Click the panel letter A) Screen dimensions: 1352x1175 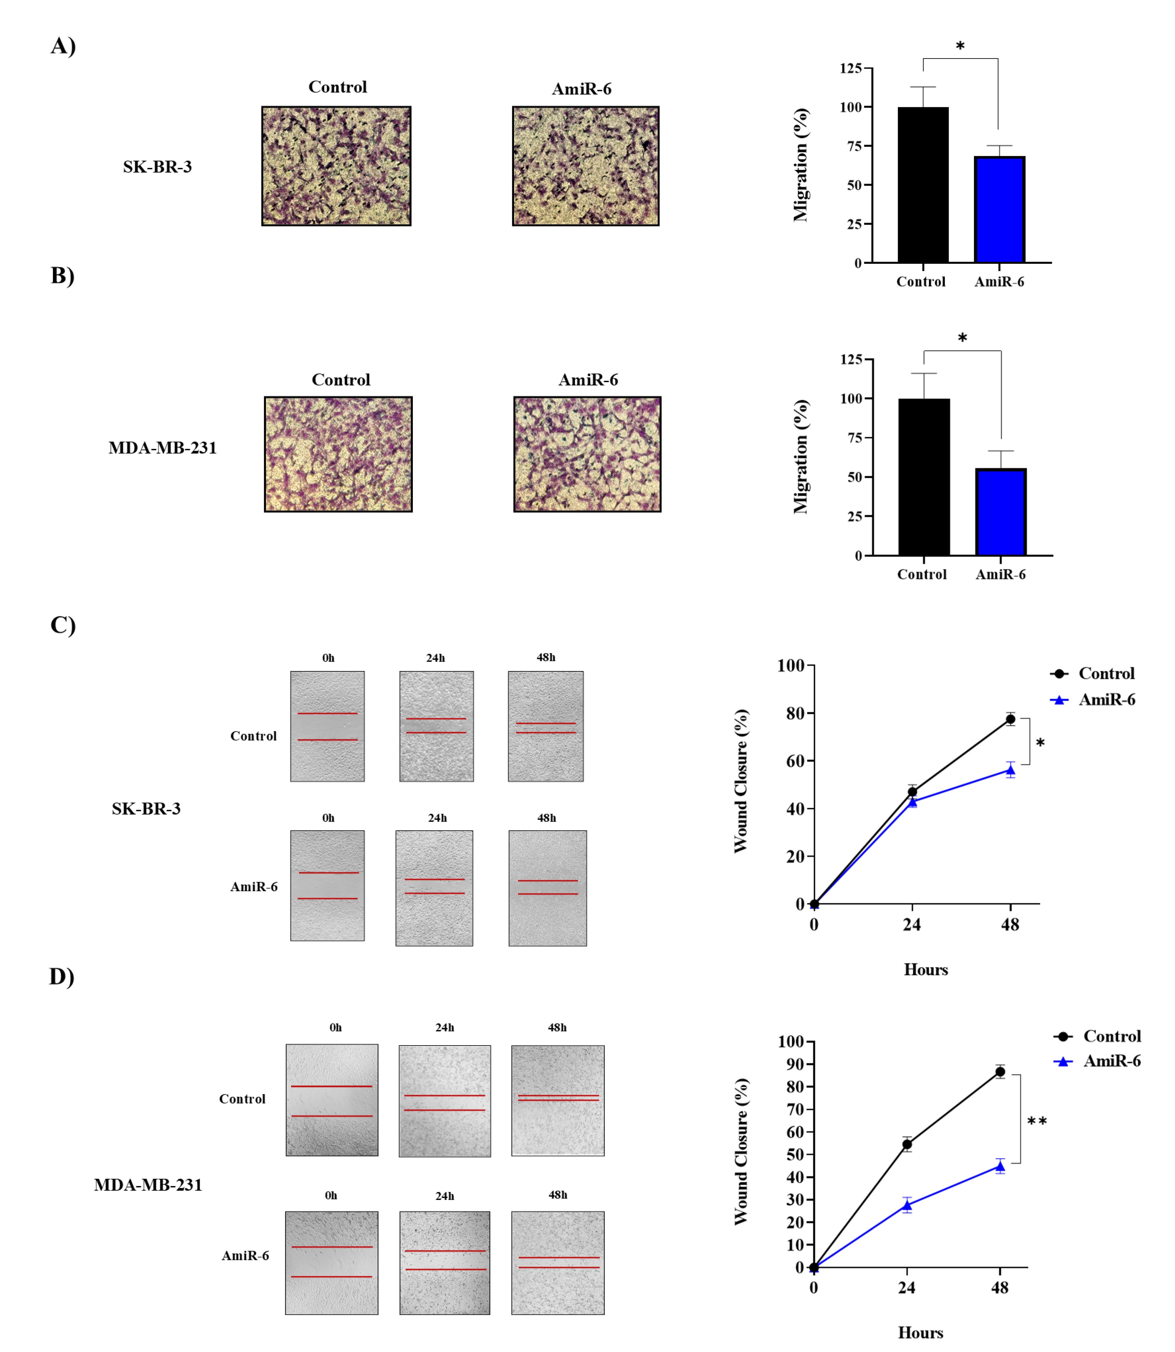click(x=63, y=46)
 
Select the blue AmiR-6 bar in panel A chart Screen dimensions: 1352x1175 click(x=999, y=210)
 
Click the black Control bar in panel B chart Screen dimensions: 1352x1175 click(x=924, y=477)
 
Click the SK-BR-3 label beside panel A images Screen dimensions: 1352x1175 click(x=157, y=167)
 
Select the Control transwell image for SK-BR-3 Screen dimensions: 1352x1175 click(x=336, y=166)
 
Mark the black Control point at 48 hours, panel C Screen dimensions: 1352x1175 click(x=1010, y=719)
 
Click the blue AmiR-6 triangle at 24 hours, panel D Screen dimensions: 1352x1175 click(x=907, y=1205)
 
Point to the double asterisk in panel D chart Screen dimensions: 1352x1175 click(x=1037, y=1121)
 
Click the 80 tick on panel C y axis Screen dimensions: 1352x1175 click(x=795, y=713)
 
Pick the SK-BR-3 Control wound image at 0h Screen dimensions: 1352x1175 click(x=327, y=726)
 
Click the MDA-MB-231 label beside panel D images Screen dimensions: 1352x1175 click(x=148, y=1185)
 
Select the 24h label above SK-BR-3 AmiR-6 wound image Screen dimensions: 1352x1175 click(x=437, y=818)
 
